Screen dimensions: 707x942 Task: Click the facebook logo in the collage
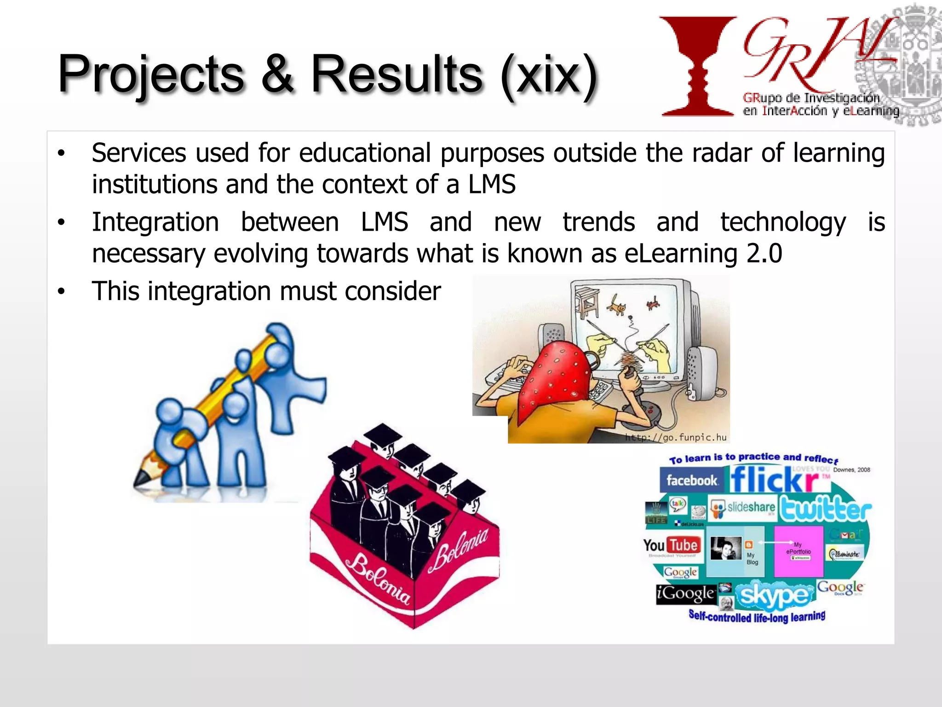(691, 481)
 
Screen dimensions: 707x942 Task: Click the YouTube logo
(672, 546)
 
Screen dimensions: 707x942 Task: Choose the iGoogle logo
(685, 593)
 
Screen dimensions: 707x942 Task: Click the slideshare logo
(743, 508)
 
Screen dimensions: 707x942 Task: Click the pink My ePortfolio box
(798, 551)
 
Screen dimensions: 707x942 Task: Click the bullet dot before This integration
(61, 292)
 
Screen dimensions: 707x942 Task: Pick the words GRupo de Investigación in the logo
(810, 98)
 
